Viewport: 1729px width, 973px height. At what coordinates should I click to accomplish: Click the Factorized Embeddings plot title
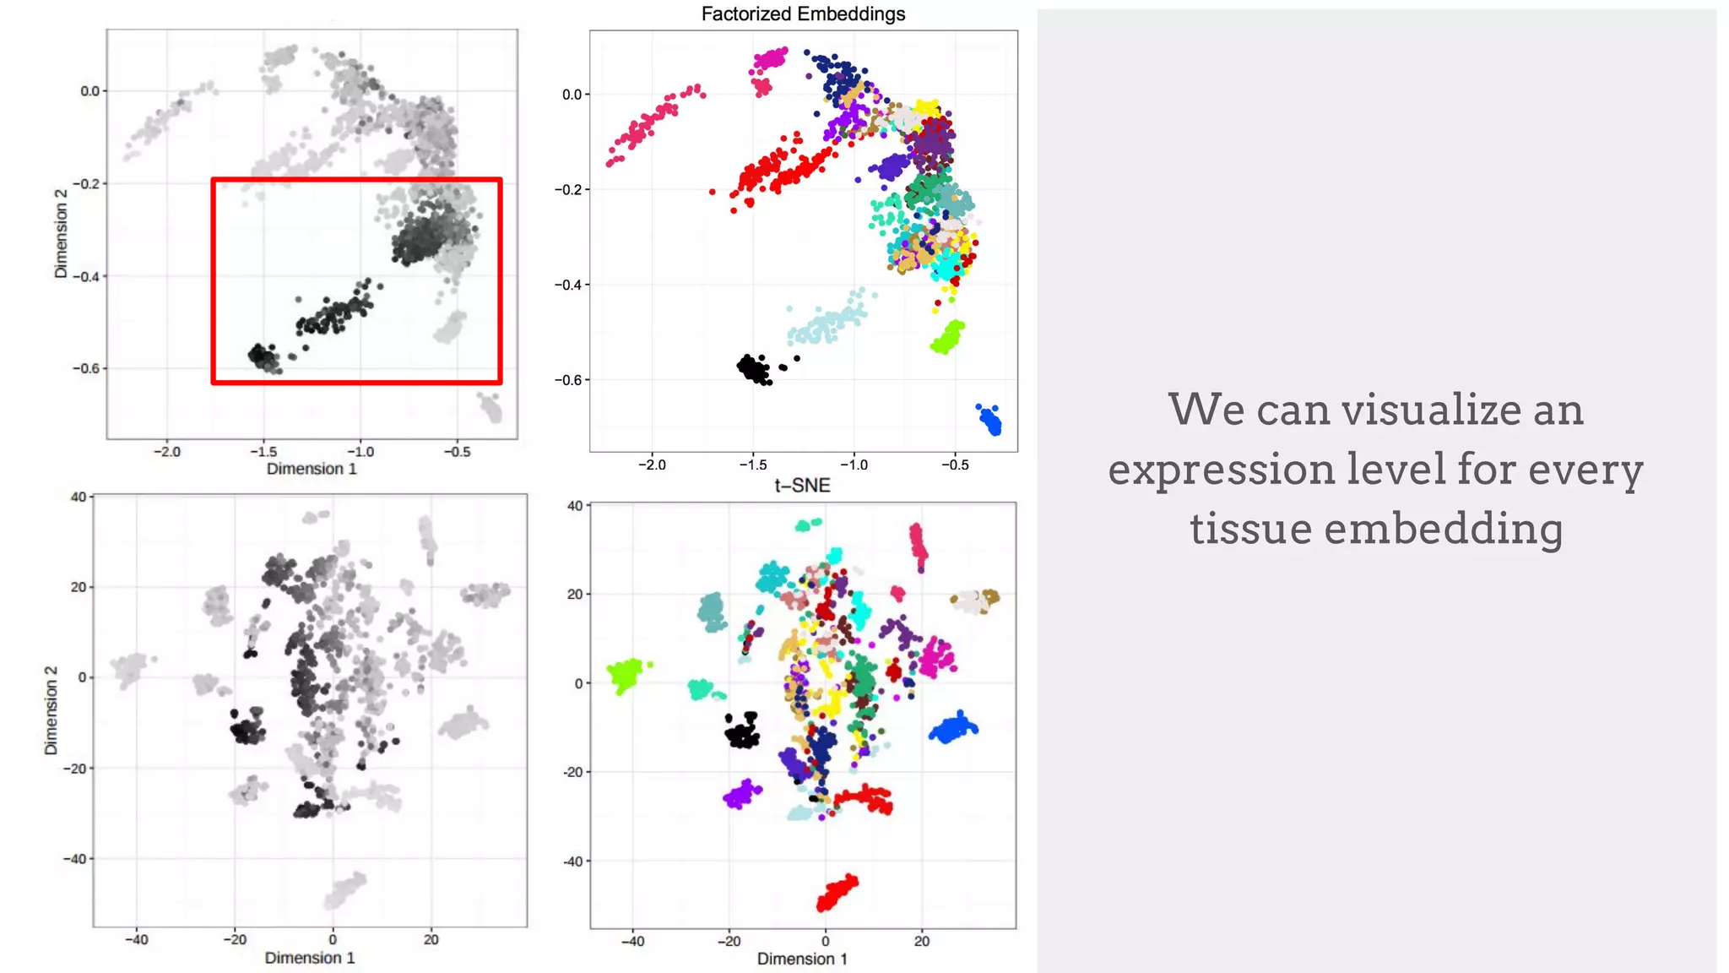pos(803,14)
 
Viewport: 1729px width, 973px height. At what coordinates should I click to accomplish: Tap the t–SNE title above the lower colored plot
pos(802,486)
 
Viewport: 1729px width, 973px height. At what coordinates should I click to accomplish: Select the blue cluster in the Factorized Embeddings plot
pos(990,420)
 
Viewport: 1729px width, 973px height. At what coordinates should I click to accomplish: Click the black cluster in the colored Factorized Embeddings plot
pos(754,369)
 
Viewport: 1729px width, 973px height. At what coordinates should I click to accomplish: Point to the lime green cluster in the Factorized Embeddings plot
pos(948,337)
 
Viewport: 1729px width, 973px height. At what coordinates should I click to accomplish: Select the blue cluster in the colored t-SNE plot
pos(954,728)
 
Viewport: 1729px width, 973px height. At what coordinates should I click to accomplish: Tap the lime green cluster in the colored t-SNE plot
pos(627,674)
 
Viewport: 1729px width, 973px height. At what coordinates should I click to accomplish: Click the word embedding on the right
pos(1444,530)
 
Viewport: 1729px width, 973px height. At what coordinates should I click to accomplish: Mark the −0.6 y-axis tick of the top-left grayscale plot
pos(88,368)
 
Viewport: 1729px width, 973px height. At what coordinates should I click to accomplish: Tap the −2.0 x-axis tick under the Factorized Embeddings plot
pos(652,465)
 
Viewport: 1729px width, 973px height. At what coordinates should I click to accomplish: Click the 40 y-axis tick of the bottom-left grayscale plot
pos(79,497)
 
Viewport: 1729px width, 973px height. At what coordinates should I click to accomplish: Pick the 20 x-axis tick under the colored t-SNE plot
pos(922,941)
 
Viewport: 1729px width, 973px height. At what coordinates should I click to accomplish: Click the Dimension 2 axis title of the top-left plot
pos(61,234)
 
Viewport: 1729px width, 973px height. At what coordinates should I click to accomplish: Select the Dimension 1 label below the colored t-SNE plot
pos(802,959)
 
